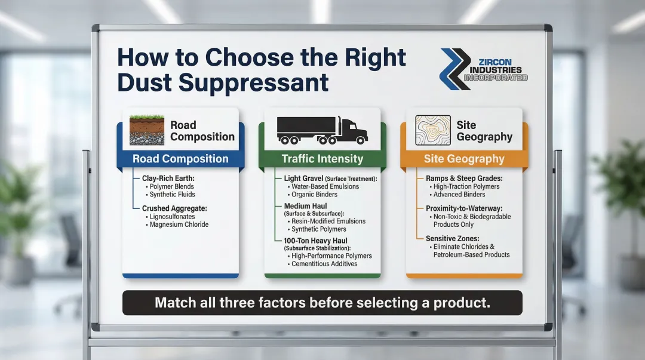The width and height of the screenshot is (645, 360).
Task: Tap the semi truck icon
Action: tap(321, 130)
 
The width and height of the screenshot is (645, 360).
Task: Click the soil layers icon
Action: tap(147, 130)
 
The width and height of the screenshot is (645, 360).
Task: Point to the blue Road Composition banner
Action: tap(180, 159)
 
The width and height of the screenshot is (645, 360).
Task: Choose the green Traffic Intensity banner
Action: tap(322, 159)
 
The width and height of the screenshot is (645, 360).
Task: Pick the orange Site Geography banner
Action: tap(464, 159)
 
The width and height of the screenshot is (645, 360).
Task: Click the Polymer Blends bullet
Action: tap(173, 186)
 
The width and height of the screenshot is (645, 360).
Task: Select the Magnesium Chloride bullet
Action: tap(179, 224)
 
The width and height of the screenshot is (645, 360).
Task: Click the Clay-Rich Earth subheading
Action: tap(168, 178)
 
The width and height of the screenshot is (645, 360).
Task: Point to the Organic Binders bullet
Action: tap(314, 194)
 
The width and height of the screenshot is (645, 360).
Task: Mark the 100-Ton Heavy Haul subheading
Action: tap(310, 240)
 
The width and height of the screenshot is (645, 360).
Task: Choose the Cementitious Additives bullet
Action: tap(324, 263)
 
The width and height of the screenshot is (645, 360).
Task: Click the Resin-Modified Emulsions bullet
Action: tap(328, 221)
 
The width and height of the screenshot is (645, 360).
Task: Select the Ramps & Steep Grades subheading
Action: tap(463, 178)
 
